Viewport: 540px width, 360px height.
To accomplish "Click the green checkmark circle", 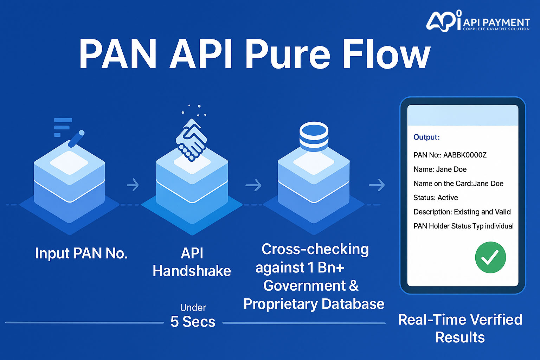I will point(490,257).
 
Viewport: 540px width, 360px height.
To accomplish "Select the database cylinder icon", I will point(314,136).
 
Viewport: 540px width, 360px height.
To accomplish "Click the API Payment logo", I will point(478,22).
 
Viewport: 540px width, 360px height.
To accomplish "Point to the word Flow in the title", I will point(386,54).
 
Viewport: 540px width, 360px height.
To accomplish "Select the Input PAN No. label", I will point(81,253).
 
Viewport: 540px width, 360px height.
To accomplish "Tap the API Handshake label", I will point(192,262).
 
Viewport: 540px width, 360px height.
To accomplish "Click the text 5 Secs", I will point(193,322).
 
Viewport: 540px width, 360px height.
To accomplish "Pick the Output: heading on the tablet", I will point(426,137).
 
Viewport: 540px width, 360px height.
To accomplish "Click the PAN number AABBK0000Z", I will point(465,155).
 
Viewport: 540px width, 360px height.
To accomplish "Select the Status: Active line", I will point(436,198).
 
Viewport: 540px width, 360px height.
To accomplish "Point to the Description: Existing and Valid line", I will point(462,212).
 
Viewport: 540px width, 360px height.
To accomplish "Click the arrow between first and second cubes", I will point(133,185).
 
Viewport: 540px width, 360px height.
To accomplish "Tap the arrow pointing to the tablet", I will point(377,185).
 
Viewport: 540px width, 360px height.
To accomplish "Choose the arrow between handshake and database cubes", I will point(253,185).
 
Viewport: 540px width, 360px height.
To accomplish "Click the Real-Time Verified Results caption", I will point(460,328).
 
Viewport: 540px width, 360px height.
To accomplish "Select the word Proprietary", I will point(280,304).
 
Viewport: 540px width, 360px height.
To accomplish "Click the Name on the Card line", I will point(458,184).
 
